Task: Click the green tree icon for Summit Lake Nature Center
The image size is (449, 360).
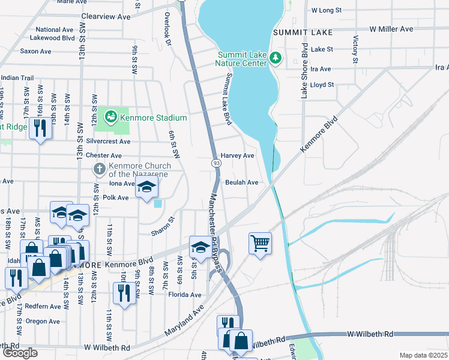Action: (276, 58)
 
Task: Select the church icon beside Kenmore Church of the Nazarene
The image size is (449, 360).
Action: (100, 169)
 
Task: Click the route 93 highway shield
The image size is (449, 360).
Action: (215, 163)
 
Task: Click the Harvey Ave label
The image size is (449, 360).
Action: (238, 155)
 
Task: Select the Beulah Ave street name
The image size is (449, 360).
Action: (242, 182)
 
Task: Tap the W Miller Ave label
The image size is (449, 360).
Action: (391, 29)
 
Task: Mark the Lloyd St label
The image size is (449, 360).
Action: (322, 85)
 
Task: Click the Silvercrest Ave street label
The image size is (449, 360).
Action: (108, 142)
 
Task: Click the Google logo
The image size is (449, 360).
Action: (20, 353)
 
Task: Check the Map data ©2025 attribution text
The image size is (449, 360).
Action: (423, 355)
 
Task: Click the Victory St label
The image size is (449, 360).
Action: (355, 50)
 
